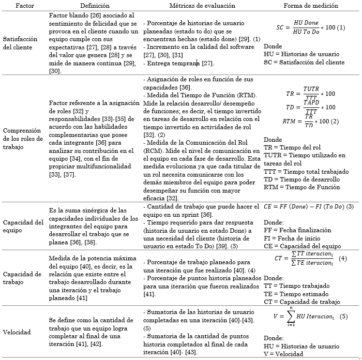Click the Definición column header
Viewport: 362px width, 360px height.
(85, 5)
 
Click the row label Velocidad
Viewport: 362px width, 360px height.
(17, 332)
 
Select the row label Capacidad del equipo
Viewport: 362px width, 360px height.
(23, 226)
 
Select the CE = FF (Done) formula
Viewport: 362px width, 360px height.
(309, 206)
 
